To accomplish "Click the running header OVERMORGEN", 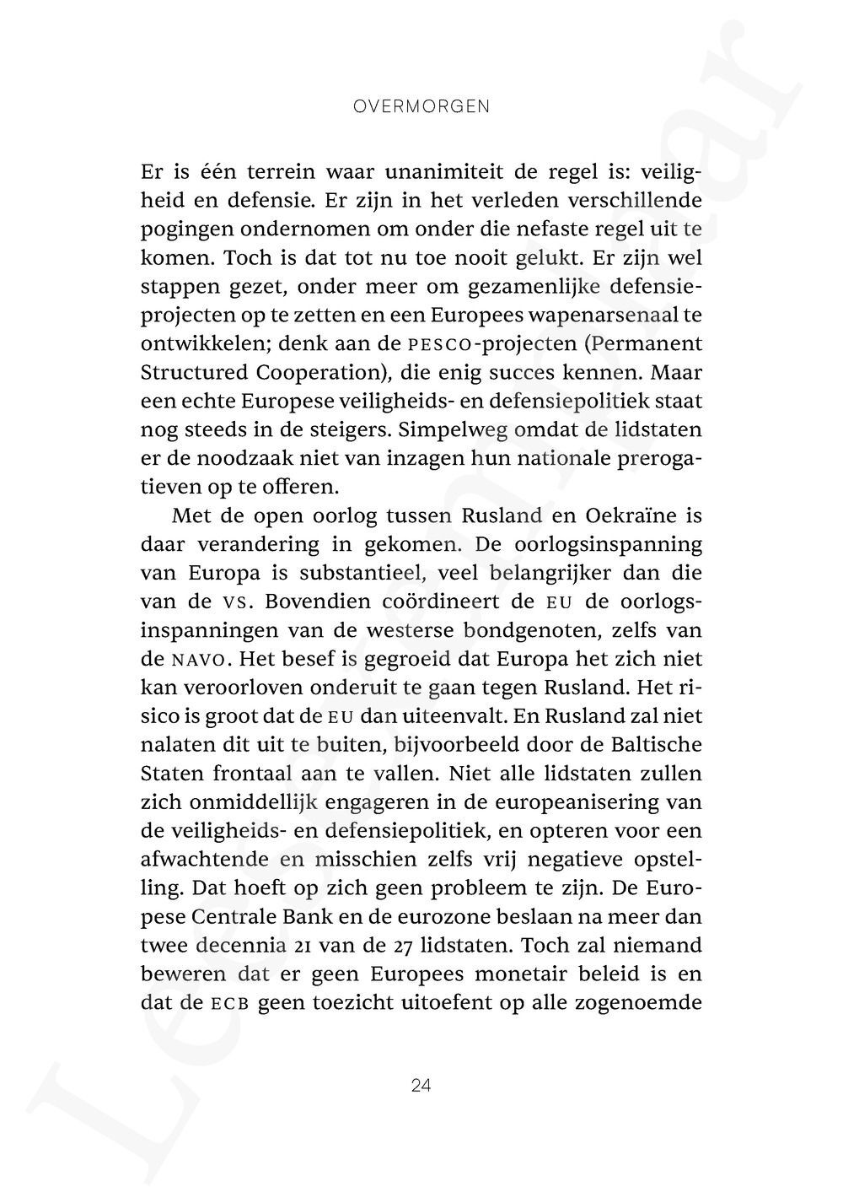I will pos(421,107).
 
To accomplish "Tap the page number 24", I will pos(421,1086).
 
